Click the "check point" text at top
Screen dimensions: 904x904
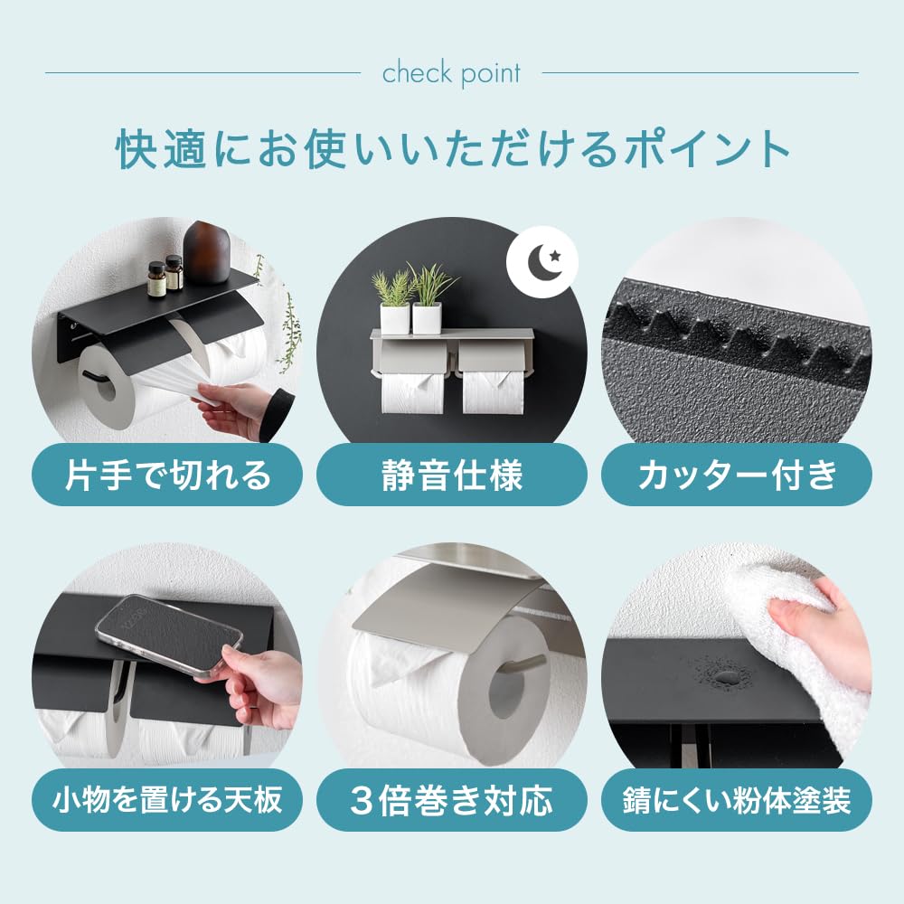point(451,73)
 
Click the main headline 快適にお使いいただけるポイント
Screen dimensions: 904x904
point(452,152)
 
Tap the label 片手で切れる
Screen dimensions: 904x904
point(167,475)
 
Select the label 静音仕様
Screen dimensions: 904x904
point(451,475)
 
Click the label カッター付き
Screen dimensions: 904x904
point(736,475)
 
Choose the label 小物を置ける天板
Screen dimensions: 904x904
point(167,800)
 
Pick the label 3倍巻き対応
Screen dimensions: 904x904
point(451,800)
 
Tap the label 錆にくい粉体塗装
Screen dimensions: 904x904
point(736,800)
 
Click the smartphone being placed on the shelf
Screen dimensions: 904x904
point(169,633)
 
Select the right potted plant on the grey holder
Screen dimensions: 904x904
point(428,298)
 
